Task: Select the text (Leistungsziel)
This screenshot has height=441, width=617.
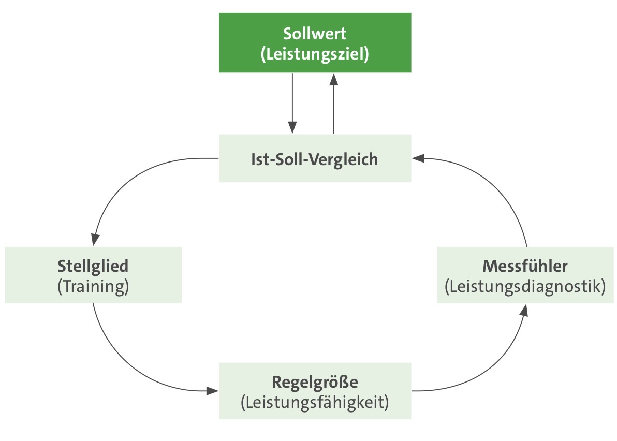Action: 315,54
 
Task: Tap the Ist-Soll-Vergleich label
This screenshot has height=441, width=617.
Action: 315,159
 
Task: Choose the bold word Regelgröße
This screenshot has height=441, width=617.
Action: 315,383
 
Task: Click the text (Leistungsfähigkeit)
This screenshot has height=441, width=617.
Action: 315,402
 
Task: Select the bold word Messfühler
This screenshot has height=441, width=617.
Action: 525,266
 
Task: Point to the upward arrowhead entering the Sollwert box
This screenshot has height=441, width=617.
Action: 334,79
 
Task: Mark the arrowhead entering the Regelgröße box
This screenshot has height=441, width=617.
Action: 213,390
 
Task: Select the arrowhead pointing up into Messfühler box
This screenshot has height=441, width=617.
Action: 525,310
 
